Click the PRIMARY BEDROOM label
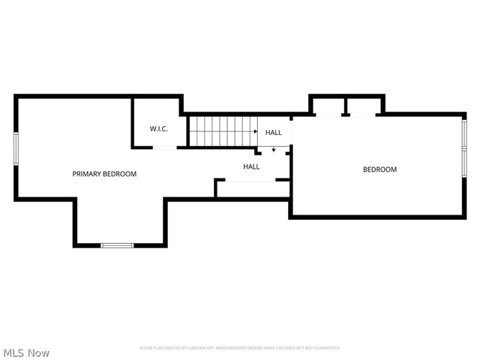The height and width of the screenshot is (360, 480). click(104, 174)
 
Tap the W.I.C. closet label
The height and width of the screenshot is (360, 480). click(158, 129)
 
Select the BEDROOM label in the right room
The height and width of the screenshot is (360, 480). click(379, 169)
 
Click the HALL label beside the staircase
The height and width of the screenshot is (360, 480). click(274, 133)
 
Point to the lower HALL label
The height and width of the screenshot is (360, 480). click(251, 166)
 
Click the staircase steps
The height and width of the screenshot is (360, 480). click(221, 131)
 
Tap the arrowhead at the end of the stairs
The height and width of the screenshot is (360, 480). click(256, 132)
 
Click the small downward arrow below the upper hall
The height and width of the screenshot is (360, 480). click(274, 150)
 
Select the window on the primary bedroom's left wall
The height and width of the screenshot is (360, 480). click(16, 148)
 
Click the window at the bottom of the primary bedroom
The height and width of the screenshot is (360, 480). click(118, 245)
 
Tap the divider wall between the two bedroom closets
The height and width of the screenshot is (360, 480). click(345, 106)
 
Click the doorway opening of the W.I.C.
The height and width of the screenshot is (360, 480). click(165, 148)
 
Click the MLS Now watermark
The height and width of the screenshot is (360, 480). click(27, 352)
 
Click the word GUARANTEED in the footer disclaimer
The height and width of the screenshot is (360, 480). click(326, 348)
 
